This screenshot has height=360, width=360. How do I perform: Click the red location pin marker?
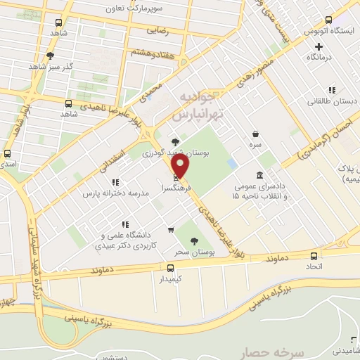point(181,167)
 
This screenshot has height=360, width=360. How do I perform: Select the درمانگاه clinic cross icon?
point(319,46)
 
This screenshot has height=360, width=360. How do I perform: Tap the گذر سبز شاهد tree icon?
point(51,55)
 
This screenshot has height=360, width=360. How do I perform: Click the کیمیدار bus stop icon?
point(170,267)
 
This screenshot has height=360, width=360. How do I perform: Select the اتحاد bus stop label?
point(313,267)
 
